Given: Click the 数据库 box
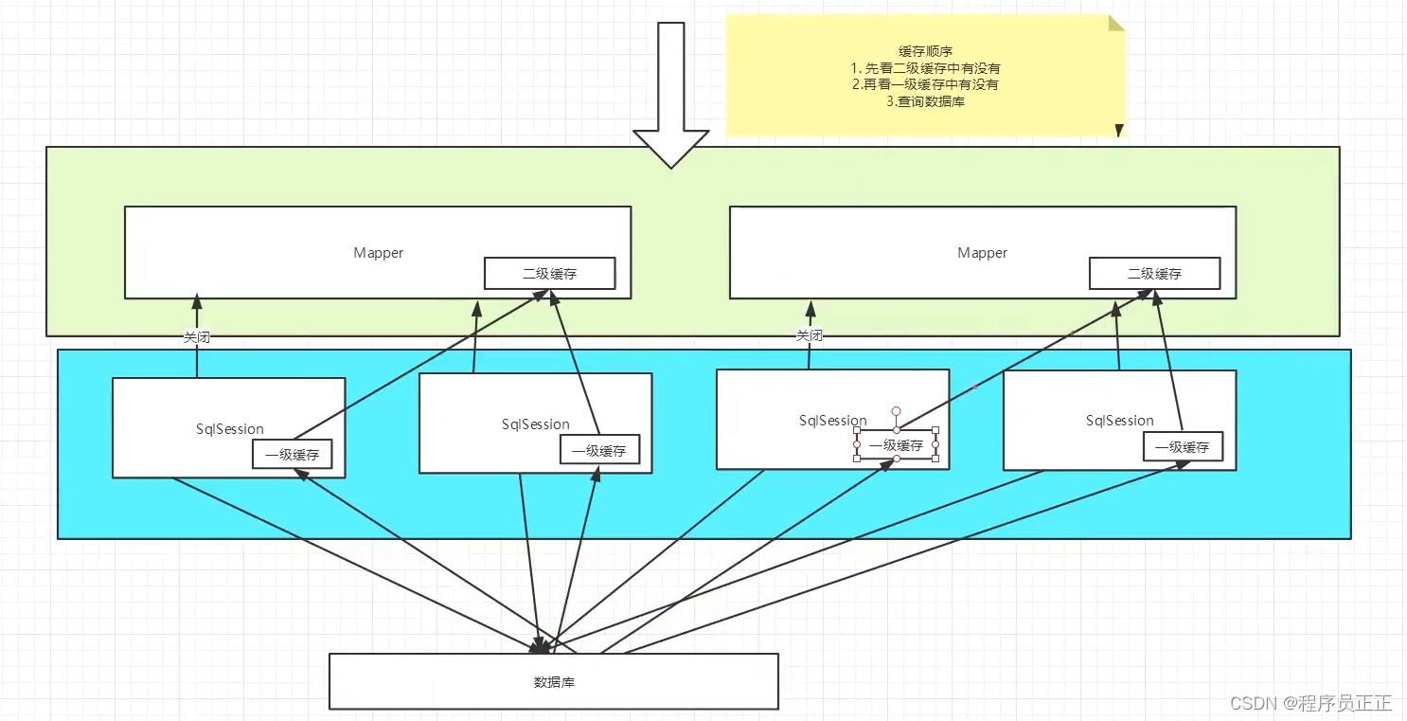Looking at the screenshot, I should click(553, 681).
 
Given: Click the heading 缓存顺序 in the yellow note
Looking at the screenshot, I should click(924, 51).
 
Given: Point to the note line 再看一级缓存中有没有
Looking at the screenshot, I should click(924, 84).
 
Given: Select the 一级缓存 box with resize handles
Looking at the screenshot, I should click(896, 445).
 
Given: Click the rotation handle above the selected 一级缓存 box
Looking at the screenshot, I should click(896, 411).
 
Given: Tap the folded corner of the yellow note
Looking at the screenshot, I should click(1116, 23).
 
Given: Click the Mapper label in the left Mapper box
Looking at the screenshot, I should click(378, 253).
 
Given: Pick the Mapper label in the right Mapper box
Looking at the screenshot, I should click(982, 253).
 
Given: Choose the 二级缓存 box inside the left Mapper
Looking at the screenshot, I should click(549, 274).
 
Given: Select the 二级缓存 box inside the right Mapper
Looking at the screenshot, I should click(1154, 274).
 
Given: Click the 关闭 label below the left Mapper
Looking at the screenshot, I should click(197, 335).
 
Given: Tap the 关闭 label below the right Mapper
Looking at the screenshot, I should click(809, 335).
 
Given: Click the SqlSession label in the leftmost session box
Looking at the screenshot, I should click(228, 429).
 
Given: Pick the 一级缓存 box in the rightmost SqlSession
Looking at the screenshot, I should click(1182, 447).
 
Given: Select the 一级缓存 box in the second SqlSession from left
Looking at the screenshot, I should click(599, 451).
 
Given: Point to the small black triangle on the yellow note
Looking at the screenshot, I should click(1119, 130).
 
